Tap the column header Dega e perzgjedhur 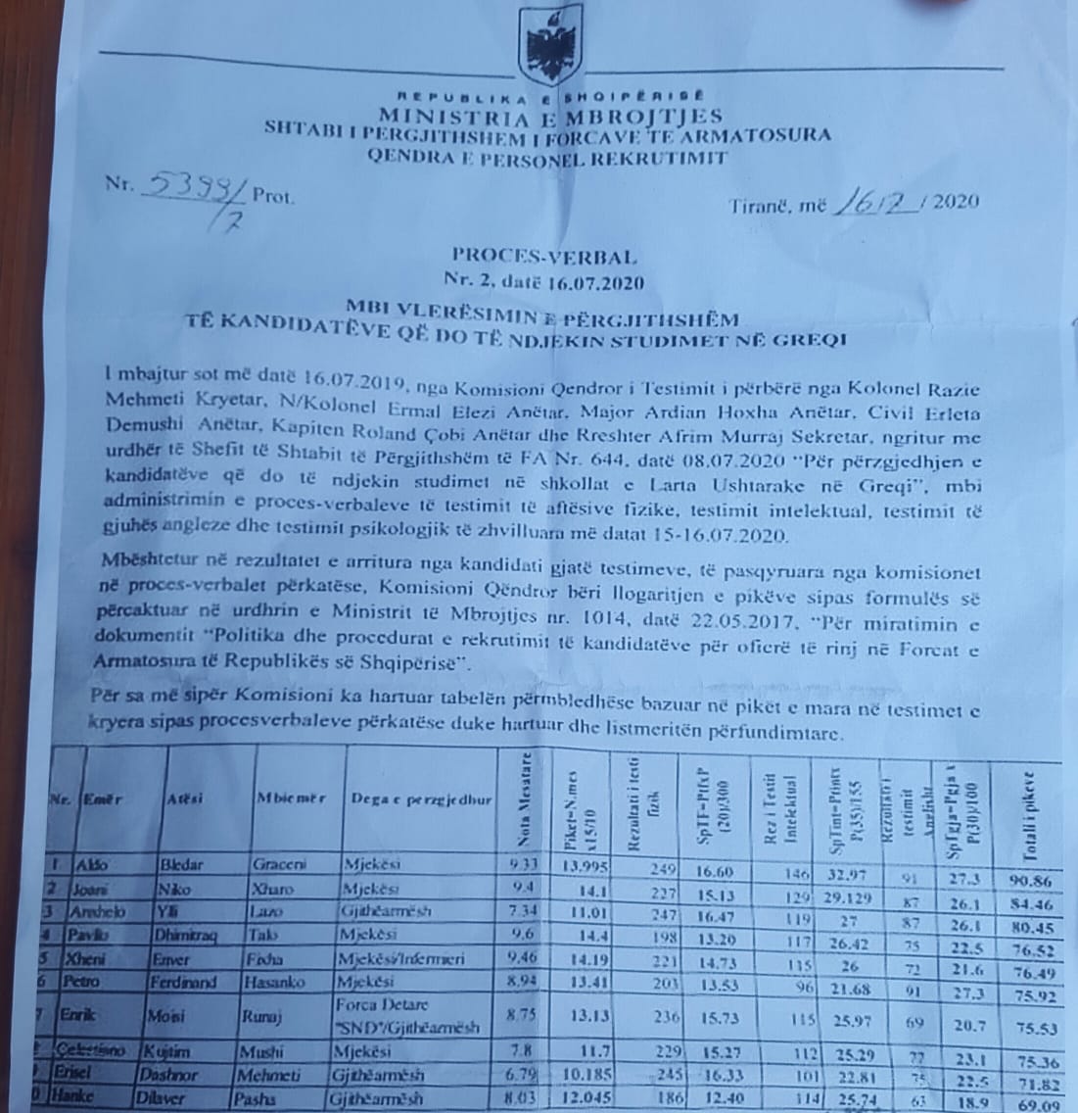click(420, 799)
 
